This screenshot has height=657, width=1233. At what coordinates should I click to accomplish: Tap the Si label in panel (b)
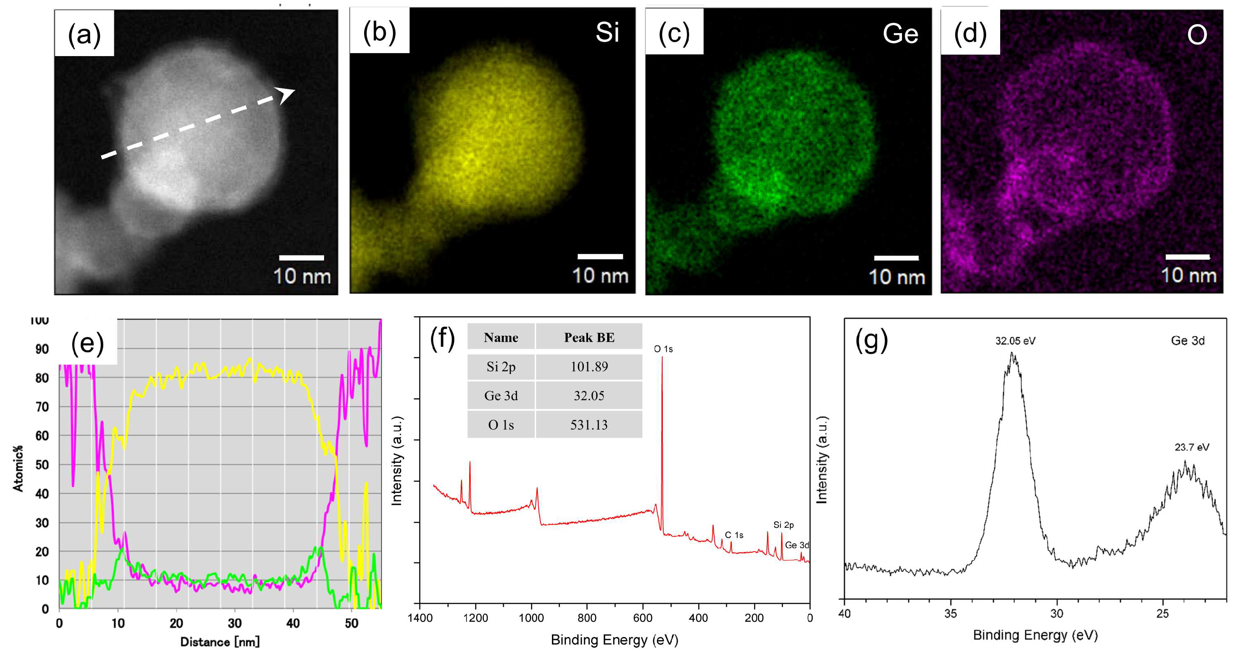tap(607, 33)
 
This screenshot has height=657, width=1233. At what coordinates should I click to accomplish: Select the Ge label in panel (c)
tap(900, 34)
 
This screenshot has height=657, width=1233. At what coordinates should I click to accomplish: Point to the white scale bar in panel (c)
tap(896, 258)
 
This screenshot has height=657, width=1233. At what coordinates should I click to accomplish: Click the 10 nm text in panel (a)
tap(302, 276)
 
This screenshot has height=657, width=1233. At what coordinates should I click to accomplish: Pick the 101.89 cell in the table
tap(589, 367)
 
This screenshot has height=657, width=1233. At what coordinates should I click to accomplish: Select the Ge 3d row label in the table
tap(501, 396)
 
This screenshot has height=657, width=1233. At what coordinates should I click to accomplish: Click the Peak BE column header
tap(589, 337)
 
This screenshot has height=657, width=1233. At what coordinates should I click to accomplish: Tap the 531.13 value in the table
tap(589, 425)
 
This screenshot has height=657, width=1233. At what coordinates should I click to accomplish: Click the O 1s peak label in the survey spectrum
tap(663, 349)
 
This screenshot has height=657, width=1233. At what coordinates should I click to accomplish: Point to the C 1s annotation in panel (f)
tap(733, 535)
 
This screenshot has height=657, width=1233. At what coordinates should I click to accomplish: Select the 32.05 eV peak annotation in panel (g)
tap(1015, 341)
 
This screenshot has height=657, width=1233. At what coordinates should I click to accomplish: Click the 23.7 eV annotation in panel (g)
tap(1191, 447)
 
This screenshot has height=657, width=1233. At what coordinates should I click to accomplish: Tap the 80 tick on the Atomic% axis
tap(42, 378)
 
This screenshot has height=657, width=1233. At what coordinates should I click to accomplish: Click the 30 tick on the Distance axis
tap(235, 623)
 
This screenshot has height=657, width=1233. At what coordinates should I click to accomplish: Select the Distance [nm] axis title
tap(220, 642)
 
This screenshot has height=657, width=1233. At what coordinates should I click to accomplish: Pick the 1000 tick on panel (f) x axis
tap(531, 618)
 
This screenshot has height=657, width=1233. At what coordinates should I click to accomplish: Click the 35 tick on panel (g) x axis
tap(950, 613)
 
